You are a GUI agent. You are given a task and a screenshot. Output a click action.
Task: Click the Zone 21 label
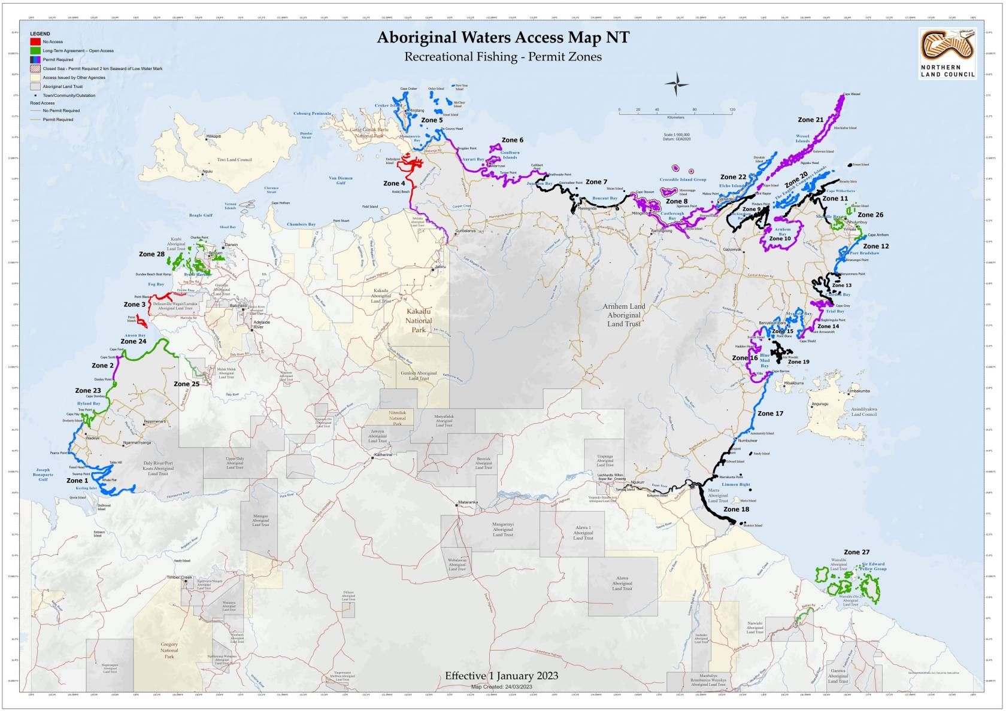pyautogui.click(x=810, y=120)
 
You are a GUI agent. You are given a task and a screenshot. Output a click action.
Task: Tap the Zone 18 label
pyautogui.click(x=736, y=509)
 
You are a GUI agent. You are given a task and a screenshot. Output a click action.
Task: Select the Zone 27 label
pyautogui.click(x=856, y=552)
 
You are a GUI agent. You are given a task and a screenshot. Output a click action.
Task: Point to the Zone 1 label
pyautogui.click(x=77, y=481)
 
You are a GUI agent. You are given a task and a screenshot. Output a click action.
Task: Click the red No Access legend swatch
pyautogui.click(x=36, y=42)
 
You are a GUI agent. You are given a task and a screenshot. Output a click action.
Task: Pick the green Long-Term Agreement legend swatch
pyautogui.click(x=36, y=51)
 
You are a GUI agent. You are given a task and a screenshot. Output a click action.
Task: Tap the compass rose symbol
pyautogui.click(x=676, y=84)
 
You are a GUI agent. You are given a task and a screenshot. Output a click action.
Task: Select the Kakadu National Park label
pyautogui.click(x=419, y=321)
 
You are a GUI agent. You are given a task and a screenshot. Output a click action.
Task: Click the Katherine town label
pyautogui.click(x=383, y=455)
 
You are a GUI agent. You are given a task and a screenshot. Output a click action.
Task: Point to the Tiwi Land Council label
pyautogui.click(x=235, y=160)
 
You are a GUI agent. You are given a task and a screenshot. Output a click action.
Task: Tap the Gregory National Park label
pyautogui.click(x=169, y=650)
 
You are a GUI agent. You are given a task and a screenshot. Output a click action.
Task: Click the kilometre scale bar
pyautogui.click(x=675, y=111)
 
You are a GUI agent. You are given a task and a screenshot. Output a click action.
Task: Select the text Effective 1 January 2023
pyautogui.click(x=501, y=676)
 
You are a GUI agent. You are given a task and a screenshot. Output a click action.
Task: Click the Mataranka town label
pyautogui.click(x=468, y=502)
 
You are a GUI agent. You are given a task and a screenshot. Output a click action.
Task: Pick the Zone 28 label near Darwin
pyautogui.click(x=151, y=254)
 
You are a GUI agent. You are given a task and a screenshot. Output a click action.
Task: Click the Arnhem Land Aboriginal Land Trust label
pyautogui.click(x=624, y=315)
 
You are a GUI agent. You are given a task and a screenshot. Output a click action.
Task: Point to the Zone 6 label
pyautogui.click(x=512, y=140)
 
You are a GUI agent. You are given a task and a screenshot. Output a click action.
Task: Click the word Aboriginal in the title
pyautogui.click(x=417, y=38)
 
